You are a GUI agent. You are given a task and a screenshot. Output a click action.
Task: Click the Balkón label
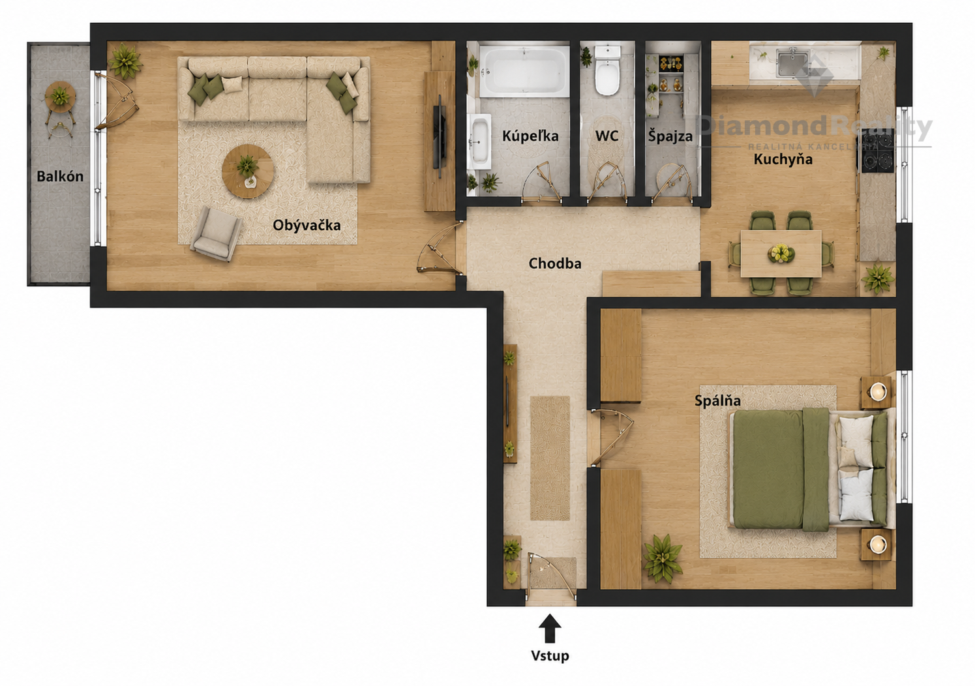tap(60, 176)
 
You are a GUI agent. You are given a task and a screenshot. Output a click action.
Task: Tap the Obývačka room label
tap(307, 225)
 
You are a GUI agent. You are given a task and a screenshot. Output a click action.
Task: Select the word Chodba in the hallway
tap(555, 263)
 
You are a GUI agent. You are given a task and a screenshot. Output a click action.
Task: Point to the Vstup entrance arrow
tap(550, 628)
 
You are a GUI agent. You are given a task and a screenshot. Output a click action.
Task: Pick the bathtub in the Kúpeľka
tap(524, 71)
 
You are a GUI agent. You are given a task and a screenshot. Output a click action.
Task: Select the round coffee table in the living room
tap(248, 171)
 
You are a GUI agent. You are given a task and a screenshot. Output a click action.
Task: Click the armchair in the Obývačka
tap(217, 233)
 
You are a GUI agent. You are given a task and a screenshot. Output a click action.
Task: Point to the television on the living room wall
tap(440, 136)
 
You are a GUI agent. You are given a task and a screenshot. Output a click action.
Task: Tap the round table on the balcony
tap(60, 97)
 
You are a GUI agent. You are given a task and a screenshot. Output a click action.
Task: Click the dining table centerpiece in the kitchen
tap(781, 253)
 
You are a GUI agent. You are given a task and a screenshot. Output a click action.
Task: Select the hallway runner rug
tap(550, 458)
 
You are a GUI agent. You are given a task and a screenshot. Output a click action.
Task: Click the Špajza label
tap(670, 136)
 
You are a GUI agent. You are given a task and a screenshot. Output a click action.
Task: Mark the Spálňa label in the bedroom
tap(717, 400)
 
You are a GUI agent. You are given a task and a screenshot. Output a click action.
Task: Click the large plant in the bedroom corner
tap(663, 558)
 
